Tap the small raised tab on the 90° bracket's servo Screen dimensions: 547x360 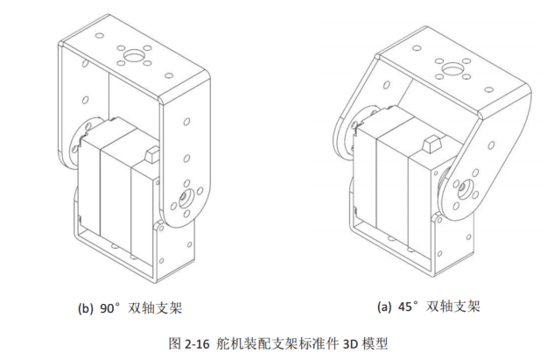[x=151, y=155]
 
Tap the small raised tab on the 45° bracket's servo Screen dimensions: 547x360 [x=431, y=144]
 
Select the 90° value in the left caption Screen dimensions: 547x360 [x=109, y=308]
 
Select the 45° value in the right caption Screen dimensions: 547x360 [x=408, y=307]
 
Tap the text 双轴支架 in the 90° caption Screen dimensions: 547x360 [x=155, y=308]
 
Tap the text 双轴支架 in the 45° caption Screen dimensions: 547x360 [x=453, y=307]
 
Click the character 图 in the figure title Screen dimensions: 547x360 [x=175, y=343]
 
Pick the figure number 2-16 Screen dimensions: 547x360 [x=197, y=344]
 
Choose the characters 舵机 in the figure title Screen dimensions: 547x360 [x=229, y=343]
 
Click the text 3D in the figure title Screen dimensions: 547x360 [x=350, y=344]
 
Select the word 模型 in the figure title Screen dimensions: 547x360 [x=375, y=343]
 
